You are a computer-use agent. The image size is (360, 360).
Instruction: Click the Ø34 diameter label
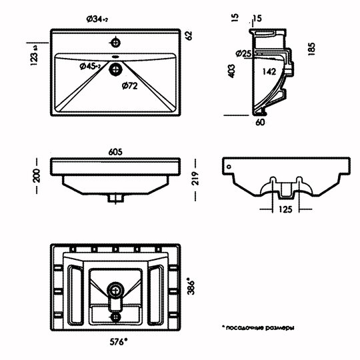coord(97,19)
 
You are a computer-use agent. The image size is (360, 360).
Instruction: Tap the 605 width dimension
coord(115,152)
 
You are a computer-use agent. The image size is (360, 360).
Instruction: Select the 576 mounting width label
coord(118,342)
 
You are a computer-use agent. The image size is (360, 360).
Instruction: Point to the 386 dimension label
coord(191,286)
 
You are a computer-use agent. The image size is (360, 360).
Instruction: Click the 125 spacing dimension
coord(285,209)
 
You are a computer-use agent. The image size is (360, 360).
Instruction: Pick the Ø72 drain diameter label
coord(130,86)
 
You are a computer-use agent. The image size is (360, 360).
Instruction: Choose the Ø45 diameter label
coord(90,67)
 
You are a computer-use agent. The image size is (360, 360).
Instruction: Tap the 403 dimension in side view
coord(231,71)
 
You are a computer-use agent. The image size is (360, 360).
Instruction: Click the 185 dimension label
coord(311,49)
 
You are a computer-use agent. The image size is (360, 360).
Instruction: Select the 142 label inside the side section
coord(269,71)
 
